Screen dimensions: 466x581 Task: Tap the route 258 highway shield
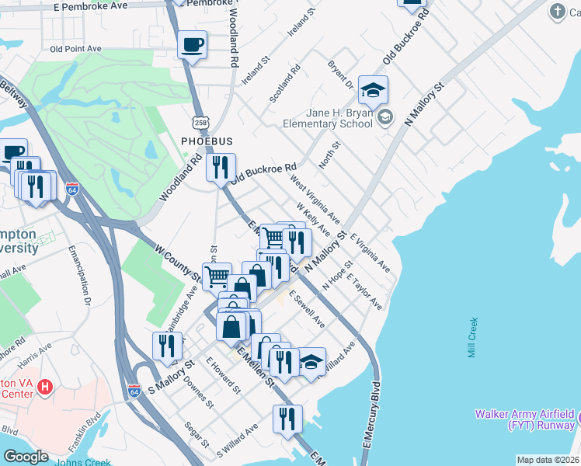200,123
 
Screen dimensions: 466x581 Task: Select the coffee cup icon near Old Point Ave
192,45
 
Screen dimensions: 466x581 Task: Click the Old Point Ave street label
75,48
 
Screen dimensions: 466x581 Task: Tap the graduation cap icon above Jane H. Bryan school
373,90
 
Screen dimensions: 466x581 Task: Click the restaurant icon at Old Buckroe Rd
221,168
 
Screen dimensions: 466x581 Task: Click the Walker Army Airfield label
526,419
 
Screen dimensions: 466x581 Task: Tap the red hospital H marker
45,386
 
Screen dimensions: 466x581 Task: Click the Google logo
26,456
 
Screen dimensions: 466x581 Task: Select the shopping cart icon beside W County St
217,276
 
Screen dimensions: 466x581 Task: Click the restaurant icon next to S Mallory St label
167,346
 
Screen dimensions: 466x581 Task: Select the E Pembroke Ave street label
91,5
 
